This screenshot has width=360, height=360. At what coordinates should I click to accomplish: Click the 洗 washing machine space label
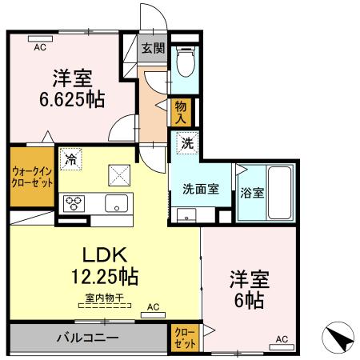[x=186, y=145]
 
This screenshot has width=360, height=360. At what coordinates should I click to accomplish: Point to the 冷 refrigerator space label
[x=71, y=159]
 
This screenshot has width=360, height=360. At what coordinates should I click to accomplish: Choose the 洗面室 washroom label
[x=200, y=190]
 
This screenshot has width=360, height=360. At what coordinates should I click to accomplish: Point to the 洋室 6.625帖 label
[x=72, y=88]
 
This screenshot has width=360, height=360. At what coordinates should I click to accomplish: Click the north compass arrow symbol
[x=339, y=338]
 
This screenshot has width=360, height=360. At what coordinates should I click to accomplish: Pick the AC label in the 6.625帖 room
[x=39, y=48]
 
